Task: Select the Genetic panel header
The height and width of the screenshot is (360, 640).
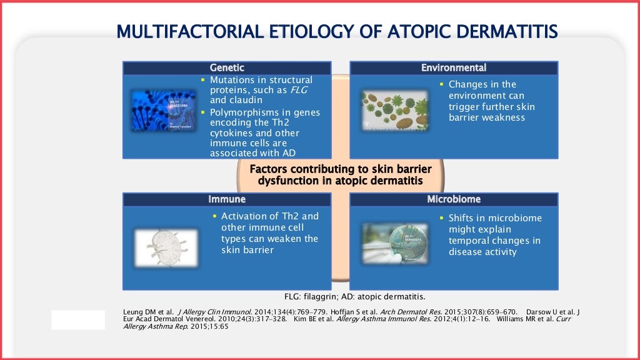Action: click(x=227, y=67)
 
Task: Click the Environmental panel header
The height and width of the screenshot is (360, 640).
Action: click(x=453, y=67)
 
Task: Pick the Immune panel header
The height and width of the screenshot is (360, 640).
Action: click(x=227, y=199)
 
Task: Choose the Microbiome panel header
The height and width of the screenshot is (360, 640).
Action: click(x=453, y=199)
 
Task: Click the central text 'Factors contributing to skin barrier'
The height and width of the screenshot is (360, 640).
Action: click(x=341, y=169)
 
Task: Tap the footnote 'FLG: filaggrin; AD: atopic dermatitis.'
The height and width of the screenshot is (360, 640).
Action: click(x=354, y=296)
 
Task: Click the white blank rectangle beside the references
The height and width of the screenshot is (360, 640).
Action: click(x=78, y=319)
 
